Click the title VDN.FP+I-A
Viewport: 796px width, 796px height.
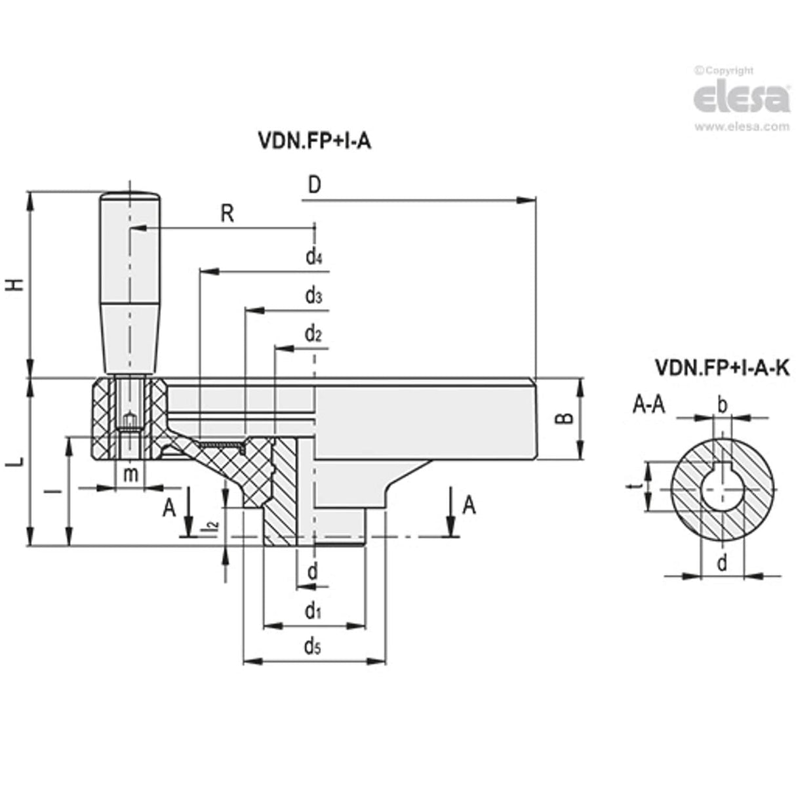(311, 141)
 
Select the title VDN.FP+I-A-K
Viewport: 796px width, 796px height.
(721, 368)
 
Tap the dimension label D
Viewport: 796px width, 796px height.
(314, 186)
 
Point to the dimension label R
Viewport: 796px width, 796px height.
(227, 214)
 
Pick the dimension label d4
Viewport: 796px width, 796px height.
(313, 256)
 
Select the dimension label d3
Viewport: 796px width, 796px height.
(313, 296)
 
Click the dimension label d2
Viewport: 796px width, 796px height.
(313, 334)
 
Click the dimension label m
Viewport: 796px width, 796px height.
(132, 473)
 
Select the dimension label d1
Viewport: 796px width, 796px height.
(312, 612)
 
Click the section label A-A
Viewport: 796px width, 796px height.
(648, 406)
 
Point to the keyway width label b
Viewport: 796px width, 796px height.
(722, 405)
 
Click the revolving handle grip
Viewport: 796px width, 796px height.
(130, 282)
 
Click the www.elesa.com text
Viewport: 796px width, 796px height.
(742, 127)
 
